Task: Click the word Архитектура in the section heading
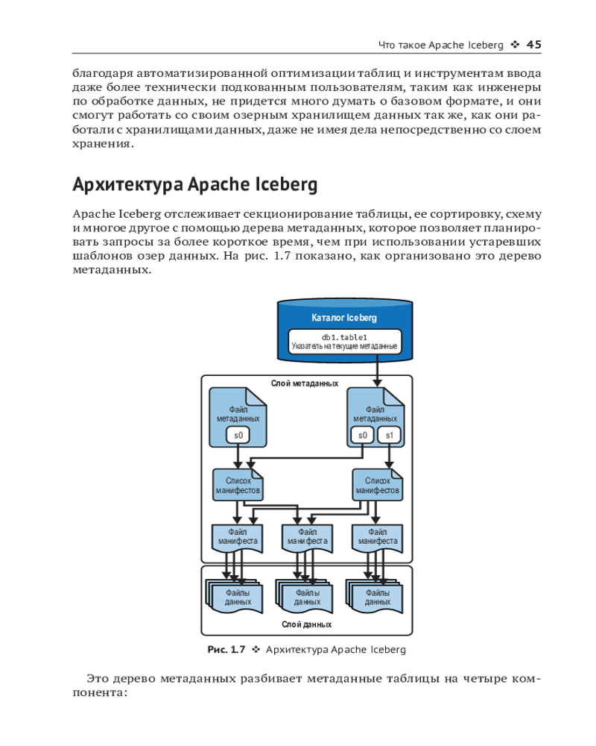pos(126,184)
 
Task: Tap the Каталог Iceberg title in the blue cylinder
pos(343,318)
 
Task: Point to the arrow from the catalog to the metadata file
pos(377,369)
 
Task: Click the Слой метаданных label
pos(305,383)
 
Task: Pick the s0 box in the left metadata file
pos(238,435)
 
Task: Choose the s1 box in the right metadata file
pos(389,435)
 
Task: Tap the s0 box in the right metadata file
pos(363,435)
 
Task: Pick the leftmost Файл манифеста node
pos(238,537)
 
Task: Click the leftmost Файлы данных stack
pos(236,596)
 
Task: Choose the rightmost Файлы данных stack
pos(376,596)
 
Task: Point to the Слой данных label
pos(306,624)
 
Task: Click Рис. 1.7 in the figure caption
pos(226,650)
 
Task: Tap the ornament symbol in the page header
pos(515,45)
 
